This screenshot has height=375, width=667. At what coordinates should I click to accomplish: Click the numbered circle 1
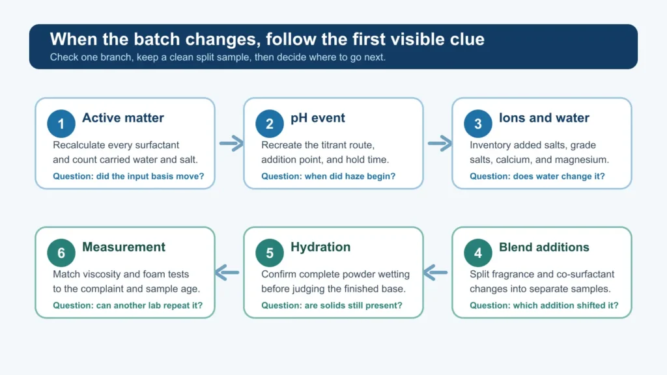[61, 124]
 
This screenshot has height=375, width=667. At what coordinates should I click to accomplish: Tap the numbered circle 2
[270, 124]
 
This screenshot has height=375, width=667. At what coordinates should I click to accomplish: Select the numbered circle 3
[478, 124]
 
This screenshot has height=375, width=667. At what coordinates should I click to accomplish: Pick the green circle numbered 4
[478, 253]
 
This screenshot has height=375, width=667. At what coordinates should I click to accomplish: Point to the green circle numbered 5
[270, 253]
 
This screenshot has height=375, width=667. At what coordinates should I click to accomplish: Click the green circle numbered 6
[61, 253]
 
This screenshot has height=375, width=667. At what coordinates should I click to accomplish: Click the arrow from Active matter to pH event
[231, 143]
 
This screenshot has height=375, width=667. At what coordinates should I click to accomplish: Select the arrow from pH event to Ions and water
[440, 143]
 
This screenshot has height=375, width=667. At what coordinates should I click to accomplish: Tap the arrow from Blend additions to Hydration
[436, 273]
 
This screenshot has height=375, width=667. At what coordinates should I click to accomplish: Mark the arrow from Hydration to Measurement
[227, 273]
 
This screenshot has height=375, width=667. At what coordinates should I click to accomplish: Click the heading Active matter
[123, 118]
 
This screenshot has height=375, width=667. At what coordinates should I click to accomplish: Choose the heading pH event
[318, 118]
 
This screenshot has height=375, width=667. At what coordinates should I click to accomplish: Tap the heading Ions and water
[544, 118]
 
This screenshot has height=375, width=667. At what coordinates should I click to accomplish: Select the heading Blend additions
[544, 247]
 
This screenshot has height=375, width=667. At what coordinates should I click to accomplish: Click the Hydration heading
[320, 247]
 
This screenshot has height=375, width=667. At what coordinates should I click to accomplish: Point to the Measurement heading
[123, 247]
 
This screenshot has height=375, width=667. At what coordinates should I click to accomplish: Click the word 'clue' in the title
[467, 39]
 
